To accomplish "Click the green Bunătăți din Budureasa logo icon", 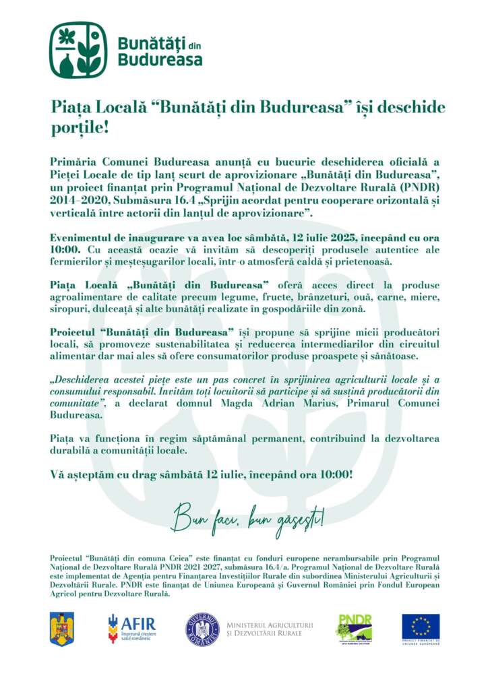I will [x=78, y=50].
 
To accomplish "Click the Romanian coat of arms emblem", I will [x=62, y=629].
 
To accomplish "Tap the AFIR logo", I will [x=131, y=629].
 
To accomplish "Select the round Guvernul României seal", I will [x=202, y=629].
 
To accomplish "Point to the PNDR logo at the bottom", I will [x=355, y=629].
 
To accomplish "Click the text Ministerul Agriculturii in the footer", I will [x=270, y=625].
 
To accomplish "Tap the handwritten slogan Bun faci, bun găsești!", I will [x=248, y=520].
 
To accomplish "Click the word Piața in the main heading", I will [x=67, y=108].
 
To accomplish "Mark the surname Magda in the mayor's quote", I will [x=236, y=403].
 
